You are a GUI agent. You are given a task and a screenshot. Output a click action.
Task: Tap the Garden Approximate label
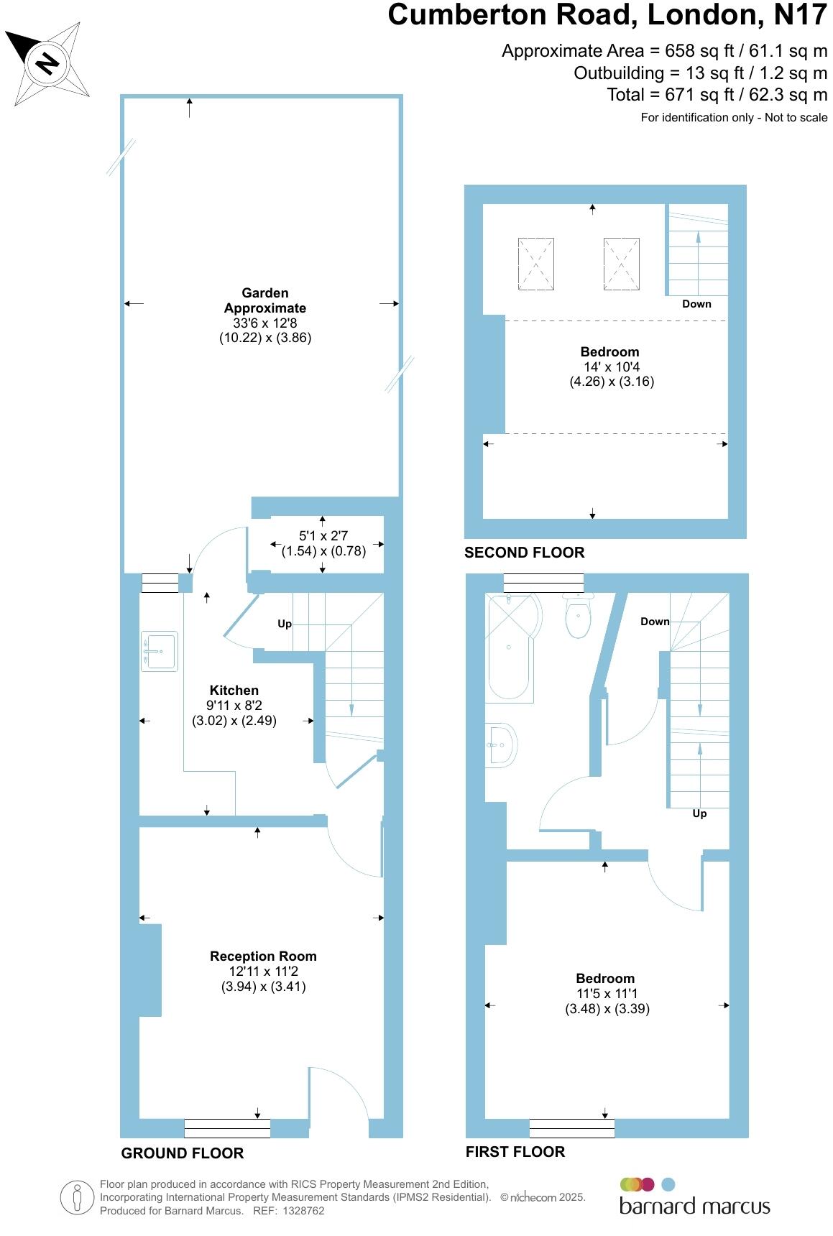pos(265,300)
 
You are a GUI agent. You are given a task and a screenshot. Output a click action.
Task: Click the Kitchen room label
pos(234,690)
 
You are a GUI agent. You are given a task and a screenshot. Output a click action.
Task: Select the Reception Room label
pos(263,956)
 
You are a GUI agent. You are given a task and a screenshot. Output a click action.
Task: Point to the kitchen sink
pos(160,651)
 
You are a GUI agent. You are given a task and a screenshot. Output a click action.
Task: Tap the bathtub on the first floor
pos(510,647)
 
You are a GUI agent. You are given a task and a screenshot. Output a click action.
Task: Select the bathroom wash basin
pos(501,744)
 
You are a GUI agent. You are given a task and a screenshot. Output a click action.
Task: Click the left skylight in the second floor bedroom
pos(536,264)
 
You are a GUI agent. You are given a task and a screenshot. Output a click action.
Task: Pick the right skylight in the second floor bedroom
pos(622,264)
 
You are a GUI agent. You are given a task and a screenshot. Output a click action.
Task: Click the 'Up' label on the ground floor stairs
pos(285,624)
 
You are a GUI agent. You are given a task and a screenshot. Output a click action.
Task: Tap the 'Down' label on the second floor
pos(696,304)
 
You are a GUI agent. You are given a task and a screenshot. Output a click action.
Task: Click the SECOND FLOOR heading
pos(525,553)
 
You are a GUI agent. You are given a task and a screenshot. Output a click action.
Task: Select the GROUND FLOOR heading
pos(183,1153)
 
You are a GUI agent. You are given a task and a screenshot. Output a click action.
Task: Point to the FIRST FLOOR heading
pos(515,1152)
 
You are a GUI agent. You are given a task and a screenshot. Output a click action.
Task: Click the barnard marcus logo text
pos(695,1206)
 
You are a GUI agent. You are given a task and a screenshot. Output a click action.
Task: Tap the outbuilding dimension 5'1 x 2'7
pos(323,535)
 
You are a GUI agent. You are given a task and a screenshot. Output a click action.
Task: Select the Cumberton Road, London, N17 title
pos(607,15)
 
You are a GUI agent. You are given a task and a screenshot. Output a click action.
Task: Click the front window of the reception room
pos(227,1128)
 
